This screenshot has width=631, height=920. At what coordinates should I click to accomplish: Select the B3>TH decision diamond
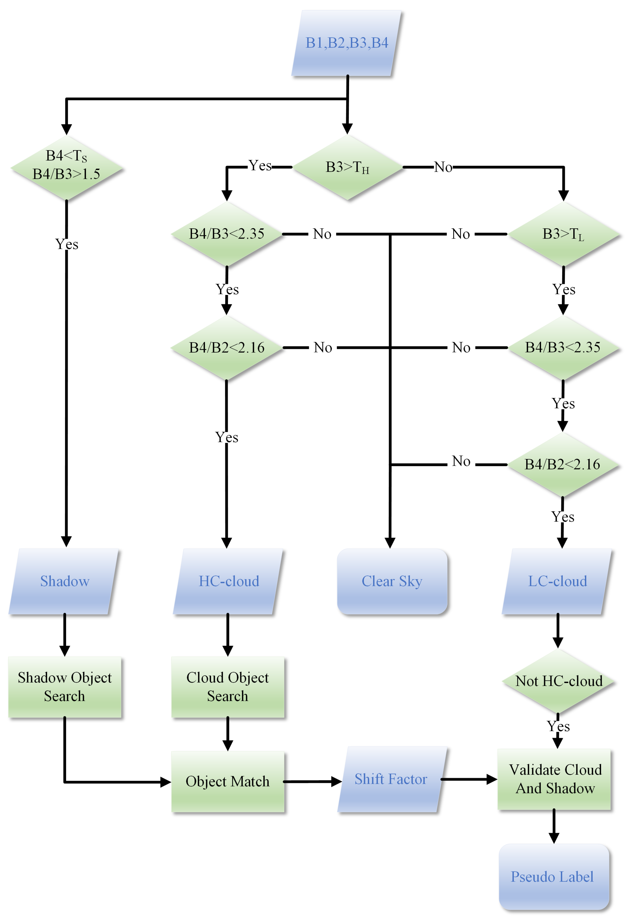pos(347,167)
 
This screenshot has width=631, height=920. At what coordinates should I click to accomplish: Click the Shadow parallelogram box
pos(64,581)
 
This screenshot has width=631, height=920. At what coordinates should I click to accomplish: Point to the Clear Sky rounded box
pos(392,581)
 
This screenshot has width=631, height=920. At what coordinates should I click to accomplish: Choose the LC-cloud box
pos(557,581)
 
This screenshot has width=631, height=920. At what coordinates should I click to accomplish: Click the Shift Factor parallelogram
pos(391,779)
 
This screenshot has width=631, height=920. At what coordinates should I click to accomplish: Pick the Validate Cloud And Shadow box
pos(554,779)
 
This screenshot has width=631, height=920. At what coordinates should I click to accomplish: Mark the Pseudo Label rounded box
pos(553,877)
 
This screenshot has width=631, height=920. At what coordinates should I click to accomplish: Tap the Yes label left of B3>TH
pos(260,165)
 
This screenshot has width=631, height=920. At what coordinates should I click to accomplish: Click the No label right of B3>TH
pos(443,167)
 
